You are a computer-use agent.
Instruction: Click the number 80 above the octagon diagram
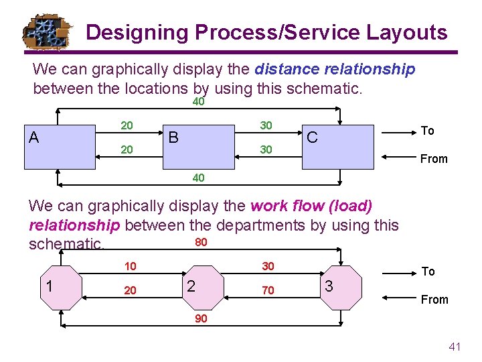[200, 242]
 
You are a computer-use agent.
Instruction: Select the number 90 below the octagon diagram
[201, 318]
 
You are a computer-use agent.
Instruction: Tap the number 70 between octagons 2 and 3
[268, 291]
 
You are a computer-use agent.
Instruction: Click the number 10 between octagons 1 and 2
[130, 267]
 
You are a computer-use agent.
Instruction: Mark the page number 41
[455, 347]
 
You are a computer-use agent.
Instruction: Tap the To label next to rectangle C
[427, 131]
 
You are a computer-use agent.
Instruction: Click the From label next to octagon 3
[434, 300]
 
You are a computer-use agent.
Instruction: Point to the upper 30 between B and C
[266, 125]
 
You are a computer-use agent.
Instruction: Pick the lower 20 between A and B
[126, 150]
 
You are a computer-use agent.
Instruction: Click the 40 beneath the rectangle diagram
[199, 178]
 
